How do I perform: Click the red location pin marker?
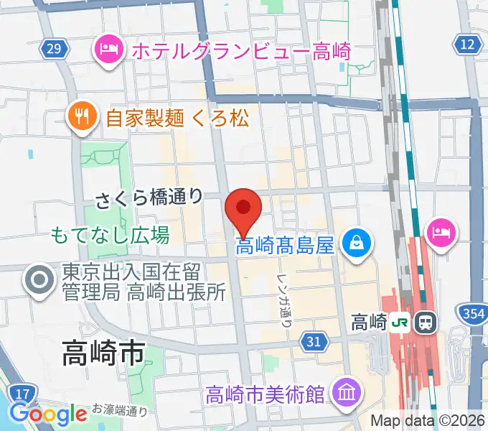coord(243,210)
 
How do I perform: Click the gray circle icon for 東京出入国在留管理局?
coord(37,281)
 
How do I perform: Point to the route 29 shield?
coord(55,48)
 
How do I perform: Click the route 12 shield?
coord(468,45)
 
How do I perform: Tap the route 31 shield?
coord(314,341)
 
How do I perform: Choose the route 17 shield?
coord(22,393)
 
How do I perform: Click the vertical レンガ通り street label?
coord(284,300)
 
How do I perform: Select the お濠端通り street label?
coord(120,411)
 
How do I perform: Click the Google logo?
coord(48,414)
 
